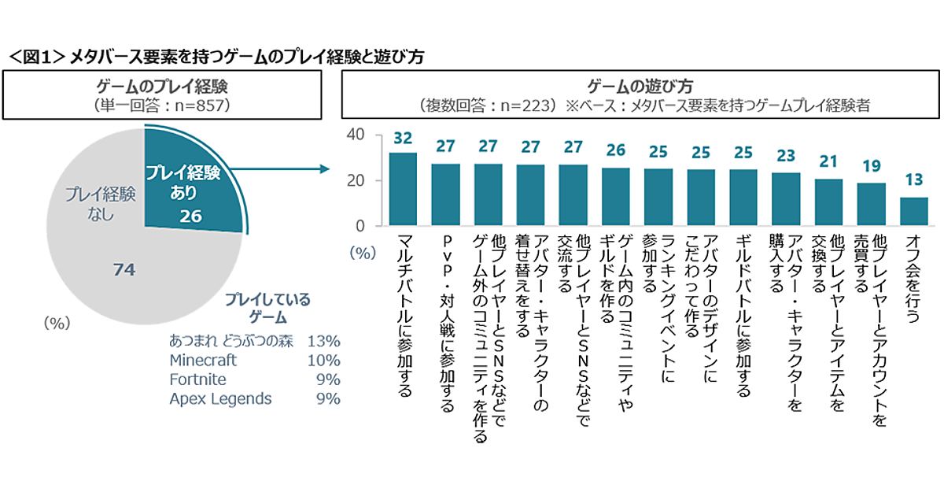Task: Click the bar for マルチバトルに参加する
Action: tap(404, 189)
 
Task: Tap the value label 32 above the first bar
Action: tap(404, 139)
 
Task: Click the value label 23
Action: tap(786, 156)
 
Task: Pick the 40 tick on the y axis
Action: tap(355, 135)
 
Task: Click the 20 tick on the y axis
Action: tap(355, 180)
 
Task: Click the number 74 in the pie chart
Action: tap(124, 270)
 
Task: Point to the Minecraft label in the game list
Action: tap(203, 360)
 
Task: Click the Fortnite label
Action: tap(197, 379)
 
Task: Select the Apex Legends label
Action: tap(220, 399)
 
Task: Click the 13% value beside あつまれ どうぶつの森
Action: tap(324, 341)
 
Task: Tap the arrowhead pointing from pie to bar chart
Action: tap(322, 168)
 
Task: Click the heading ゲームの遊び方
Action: tap(640, 85)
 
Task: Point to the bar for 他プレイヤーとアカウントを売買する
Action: tap(871, 205)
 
